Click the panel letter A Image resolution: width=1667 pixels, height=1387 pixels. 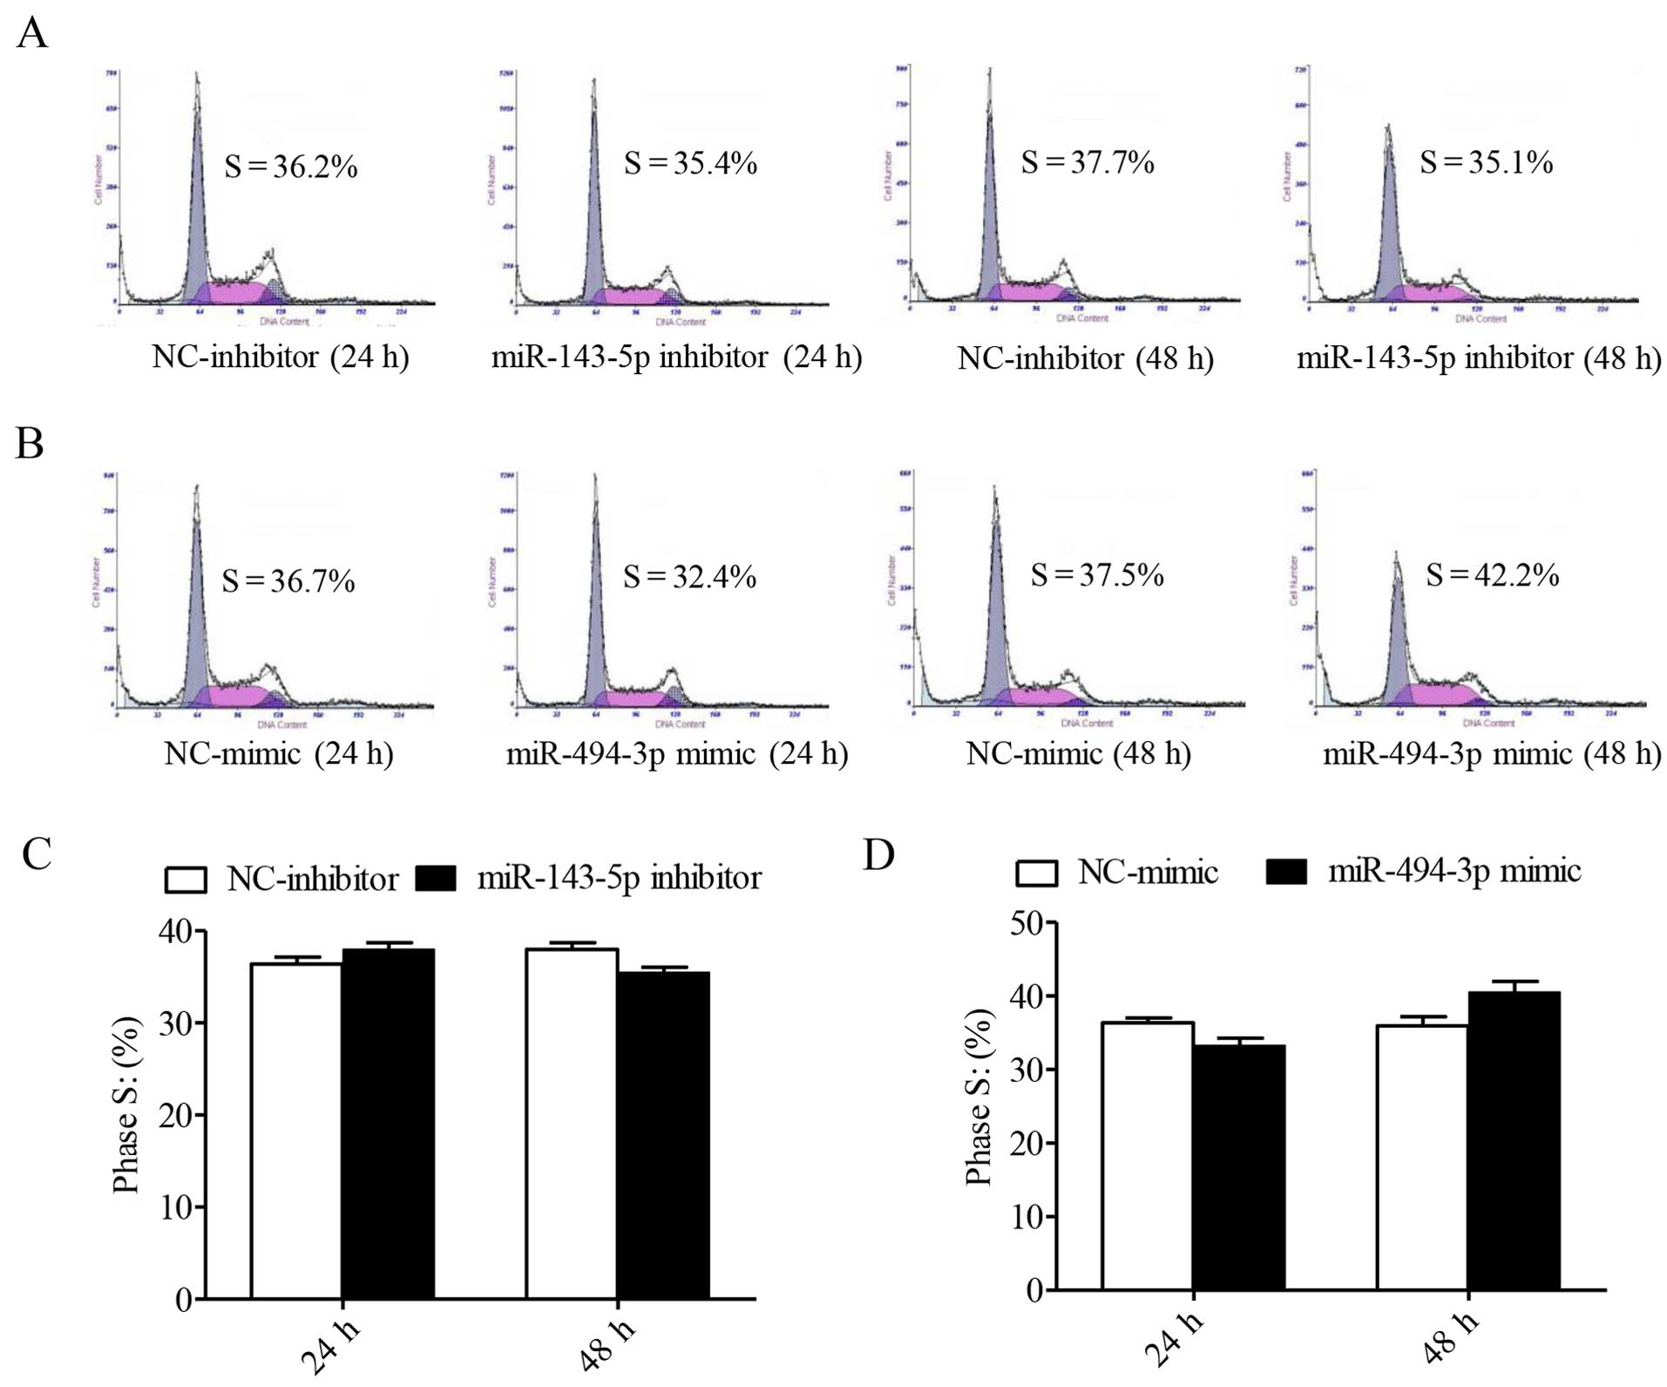32,35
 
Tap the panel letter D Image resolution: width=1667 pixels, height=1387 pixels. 878,855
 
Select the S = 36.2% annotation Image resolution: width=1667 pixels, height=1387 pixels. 291,166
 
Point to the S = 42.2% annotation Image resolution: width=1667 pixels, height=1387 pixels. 1492,575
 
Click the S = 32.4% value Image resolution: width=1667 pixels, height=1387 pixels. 689,577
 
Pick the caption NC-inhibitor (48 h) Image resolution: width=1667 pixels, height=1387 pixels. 1085,358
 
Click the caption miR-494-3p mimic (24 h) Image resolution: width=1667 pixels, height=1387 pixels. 677,753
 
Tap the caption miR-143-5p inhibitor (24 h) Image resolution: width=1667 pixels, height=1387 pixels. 676,357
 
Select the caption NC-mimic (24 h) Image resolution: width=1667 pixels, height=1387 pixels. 279,753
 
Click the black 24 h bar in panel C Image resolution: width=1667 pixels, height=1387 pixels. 388,1124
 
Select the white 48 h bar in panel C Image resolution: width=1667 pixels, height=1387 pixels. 572,1124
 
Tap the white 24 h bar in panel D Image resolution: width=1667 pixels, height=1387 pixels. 1147,1155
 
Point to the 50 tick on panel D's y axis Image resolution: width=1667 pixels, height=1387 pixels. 1027,923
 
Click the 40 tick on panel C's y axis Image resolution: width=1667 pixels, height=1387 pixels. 176,932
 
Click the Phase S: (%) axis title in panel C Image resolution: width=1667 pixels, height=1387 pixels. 127,1105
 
